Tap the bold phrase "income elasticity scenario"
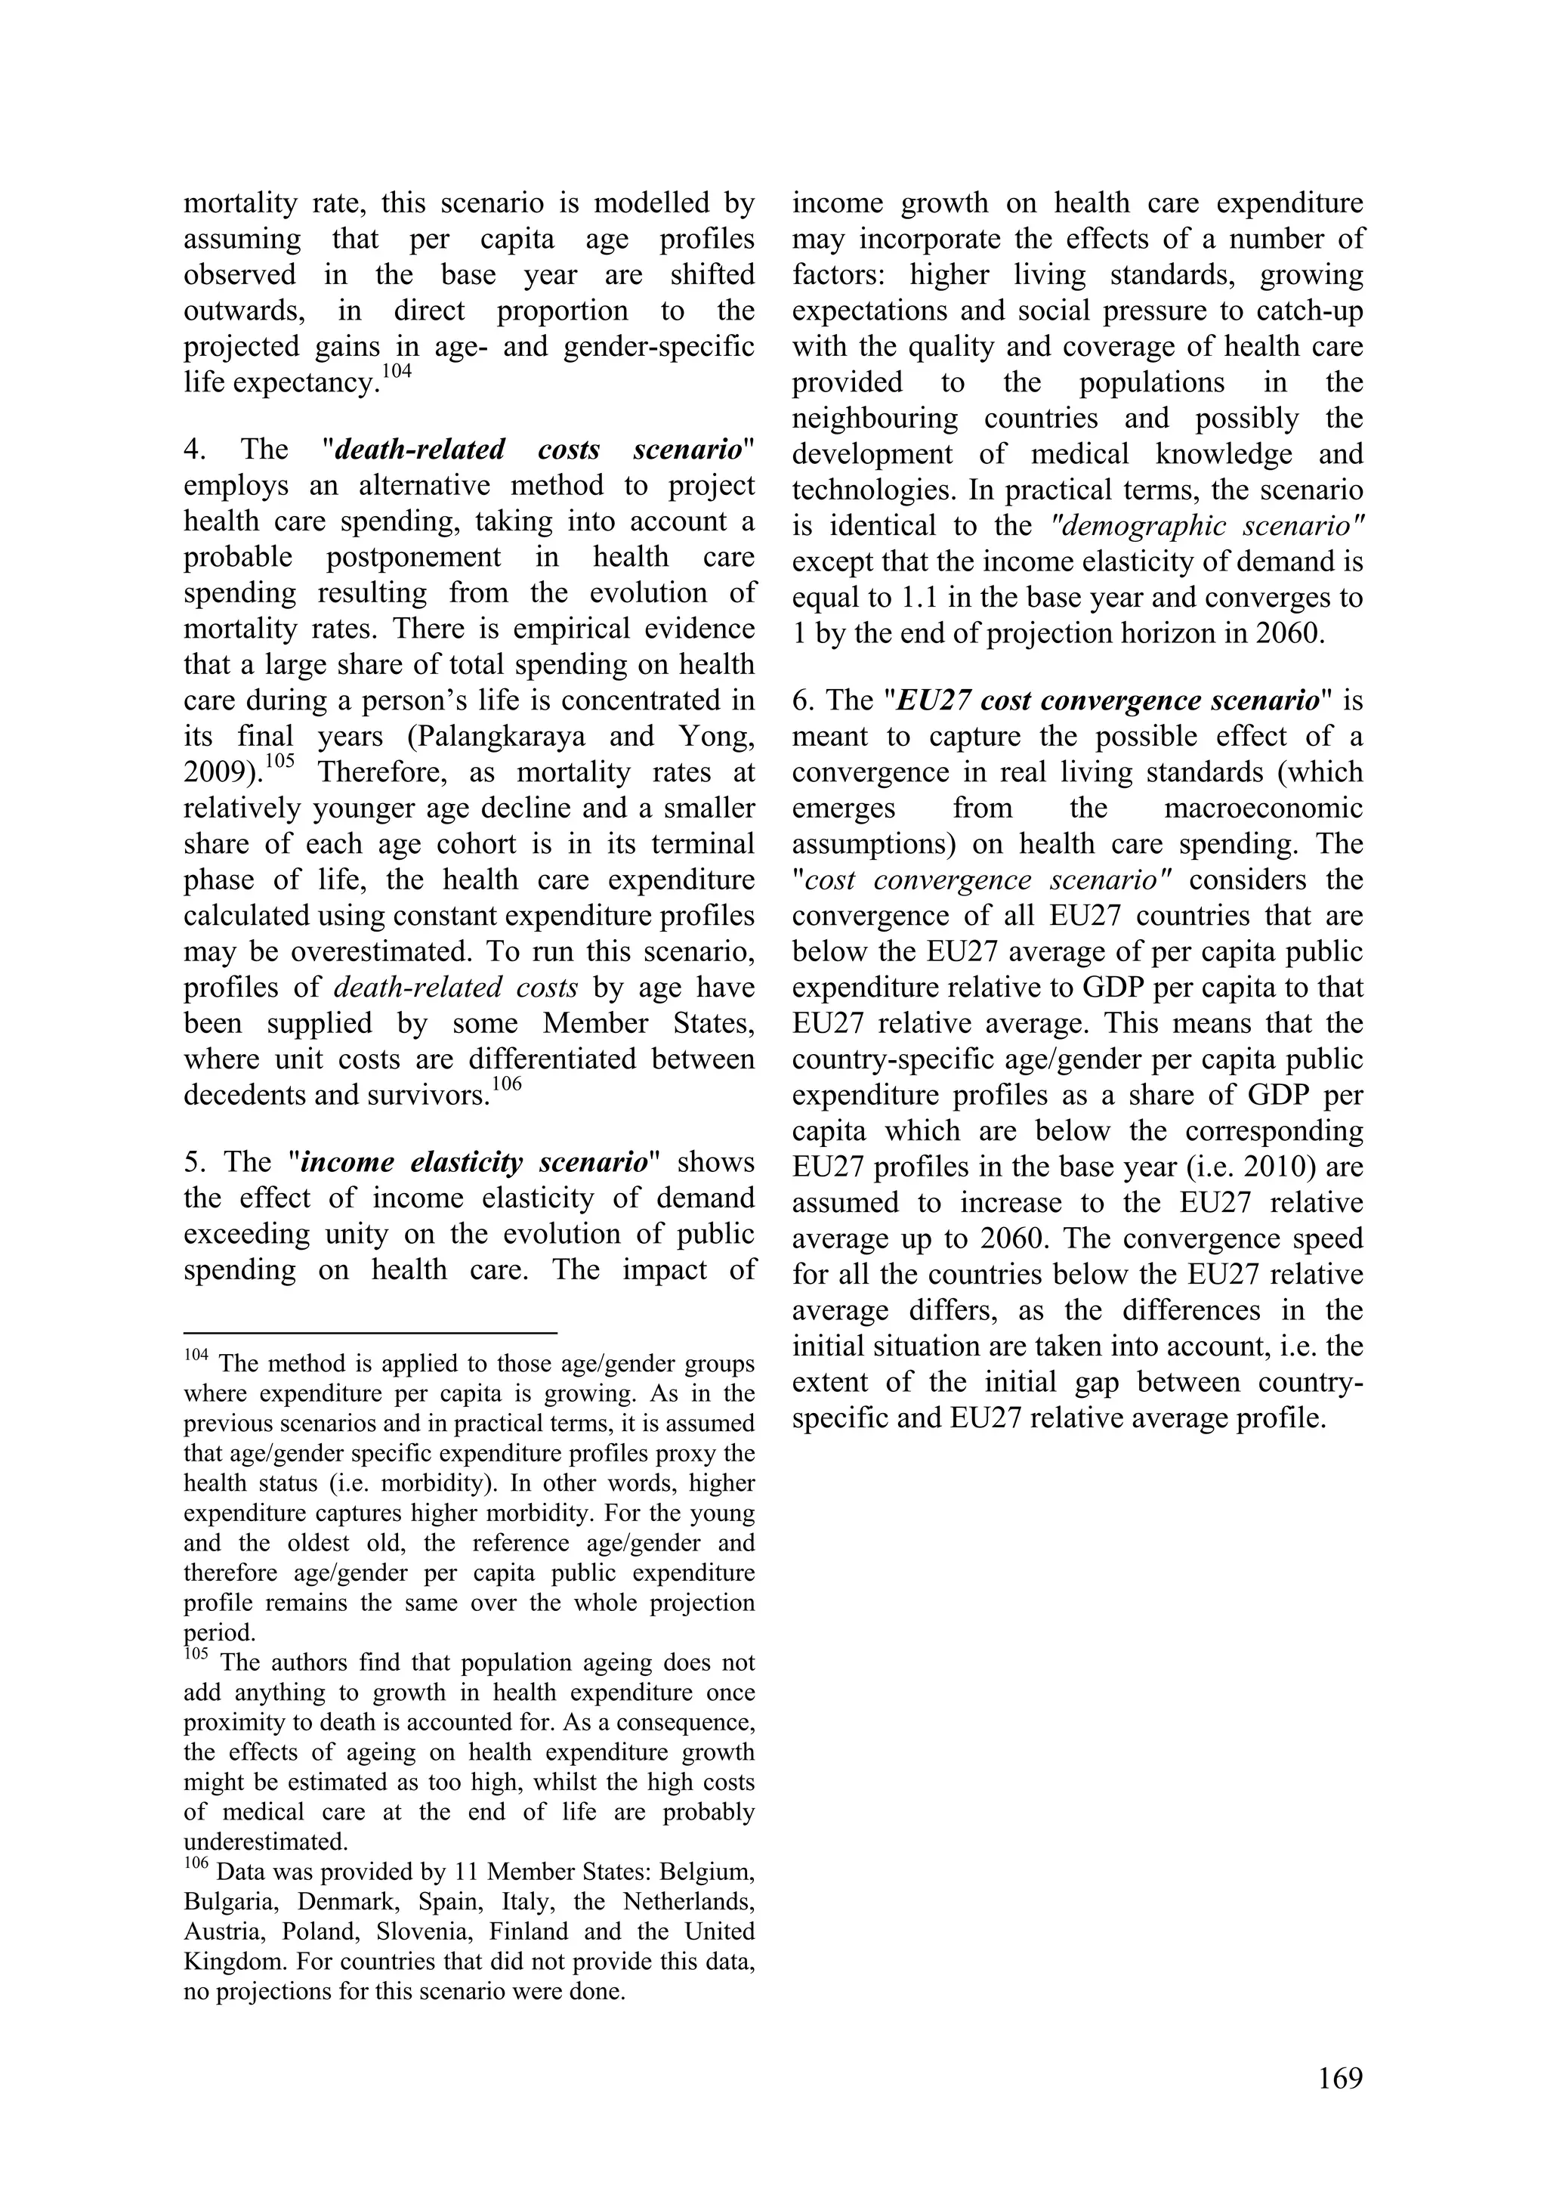point(473,1162)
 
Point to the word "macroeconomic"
point(1263,809)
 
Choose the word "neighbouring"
point(875,419)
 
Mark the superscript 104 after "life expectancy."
point(397,372)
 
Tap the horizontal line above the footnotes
point(370,1332)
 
